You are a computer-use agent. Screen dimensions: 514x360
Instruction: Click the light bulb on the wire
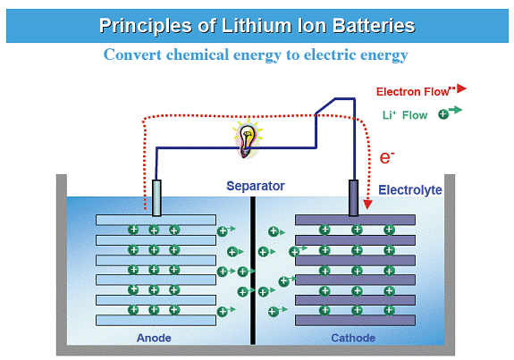(x=247, y=140)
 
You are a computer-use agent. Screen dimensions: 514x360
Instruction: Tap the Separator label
(x=256, y=186)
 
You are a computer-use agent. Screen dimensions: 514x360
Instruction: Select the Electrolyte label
(x=410, y=190)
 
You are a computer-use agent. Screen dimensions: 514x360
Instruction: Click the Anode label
(x=154, y=338)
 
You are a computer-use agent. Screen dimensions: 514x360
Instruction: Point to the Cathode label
(x=353, y=338)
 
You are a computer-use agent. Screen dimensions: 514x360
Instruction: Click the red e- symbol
(x=387, y=157)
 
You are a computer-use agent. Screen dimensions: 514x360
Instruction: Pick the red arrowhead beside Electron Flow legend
(x=461, y=88)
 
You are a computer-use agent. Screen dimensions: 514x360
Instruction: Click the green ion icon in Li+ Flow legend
(x=443, y=114)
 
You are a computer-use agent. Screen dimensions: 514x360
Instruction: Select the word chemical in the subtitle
(x=198, y=54)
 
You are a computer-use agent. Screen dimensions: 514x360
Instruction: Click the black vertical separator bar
(x=253, y=271)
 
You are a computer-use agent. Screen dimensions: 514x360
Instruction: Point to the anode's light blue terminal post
(x=156, y=197)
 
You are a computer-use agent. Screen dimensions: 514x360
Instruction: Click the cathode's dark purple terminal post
(x=353, y=197)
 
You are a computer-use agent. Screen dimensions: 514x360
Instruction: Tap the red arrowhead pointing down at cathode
(x=367, y=205)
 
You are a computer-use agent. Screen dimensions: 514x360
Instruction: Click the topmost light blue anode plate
(x=156, y=220)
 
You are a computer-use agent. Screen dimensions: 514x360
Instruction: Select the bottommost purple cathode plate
(x=356, y=320)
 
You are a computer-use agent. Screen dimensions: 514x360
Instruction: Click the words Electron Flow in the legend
(x=412, y=92)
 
